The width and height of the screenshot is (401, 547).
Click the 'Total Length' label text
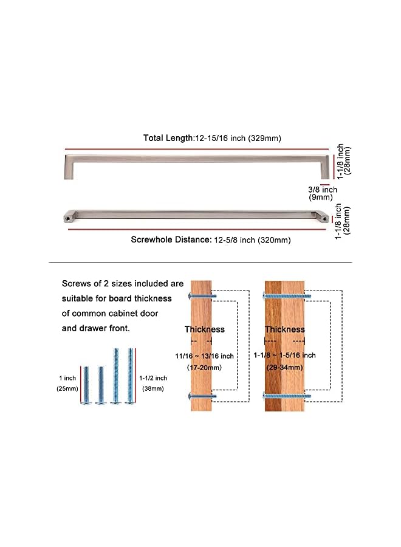point(168,138)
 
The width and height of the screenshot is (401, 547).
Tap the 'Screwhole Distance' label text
point(171,239)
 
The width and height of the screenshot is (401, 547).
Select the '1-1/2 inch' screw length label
point(153,377)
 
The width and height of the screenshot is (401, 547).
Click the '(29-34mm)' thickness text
point(284,368)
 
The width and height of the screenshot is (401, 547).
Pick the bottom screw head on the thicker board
point(266,396)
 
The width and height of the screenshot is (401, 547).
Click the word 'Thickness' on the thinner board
point(204,329)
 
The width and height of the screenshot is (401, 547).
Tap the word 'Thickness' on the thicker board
point(284,329)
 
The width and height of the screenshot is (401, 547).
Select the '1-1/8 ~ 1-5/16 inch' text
point(284,356)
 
